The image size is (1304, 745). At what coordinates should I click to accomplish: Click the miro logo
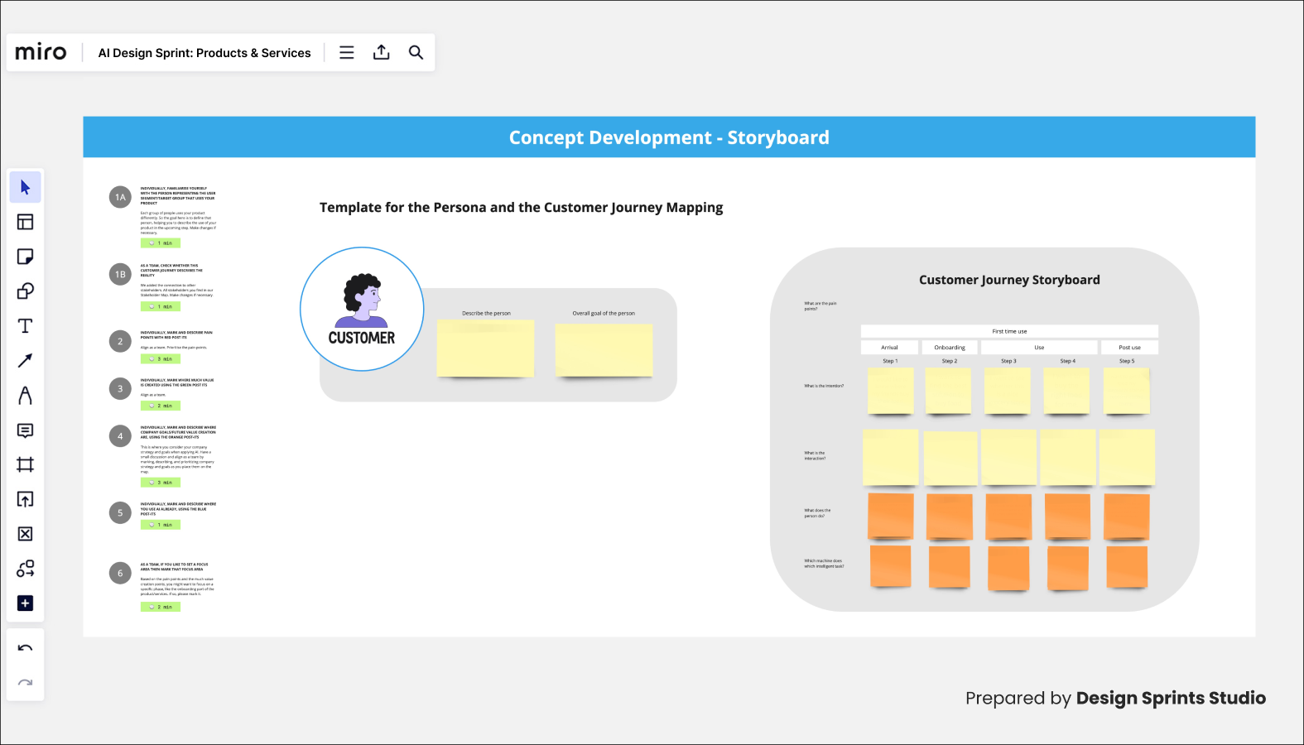point(41,52)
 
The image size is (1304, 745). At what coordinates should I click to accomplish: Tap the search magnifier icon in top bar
point(416,52)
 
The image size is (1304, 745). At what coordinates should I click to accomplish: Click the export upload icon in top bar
point(381,52)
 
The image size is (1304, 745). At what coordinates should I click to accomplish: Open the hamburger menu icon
point(347,52)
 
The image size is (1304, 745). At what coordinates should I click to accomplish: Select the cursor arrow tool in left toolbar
point(25,187)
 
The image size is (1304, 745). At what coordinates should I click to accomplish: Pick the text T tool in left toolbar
point(25,326)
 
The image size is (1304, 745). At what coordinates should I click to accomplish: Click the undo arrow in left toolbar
point(25,648)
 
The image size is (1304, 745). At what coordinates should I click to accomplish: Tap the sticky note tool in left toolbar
point(25,257)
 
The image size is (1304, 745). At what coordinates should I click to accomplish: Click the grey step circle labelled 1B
point(120,274)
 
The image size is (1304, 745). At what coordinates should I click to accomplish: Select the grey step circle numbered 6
point(120,573)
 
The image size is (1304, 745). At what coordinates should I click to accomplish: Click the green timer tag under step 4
point(160,482)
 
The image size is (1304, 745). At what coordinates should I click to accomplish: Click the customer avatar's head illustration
point(363,293)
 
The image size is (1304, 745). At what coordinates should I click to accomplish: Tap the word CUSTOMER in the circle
point(362,338)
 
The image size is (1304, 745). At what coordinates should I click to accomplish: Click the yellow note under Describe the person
point(485,348)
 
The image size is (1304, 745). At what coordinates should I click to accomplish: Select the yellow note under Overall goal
point(604,350)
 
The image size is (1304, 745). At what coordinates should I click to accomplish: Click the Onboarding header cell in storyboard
point(949,348)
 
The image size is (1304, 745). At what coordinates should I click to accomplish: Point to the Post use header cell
point(1129,348)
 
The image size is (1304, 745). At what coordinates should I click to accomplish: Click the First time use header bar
point(1009,331)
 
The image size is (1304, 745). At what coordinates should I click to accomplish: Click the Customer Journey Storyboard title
point(1009,280)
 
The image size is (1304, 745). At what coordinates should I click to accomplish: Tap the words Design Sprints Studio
point(1170,698)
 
